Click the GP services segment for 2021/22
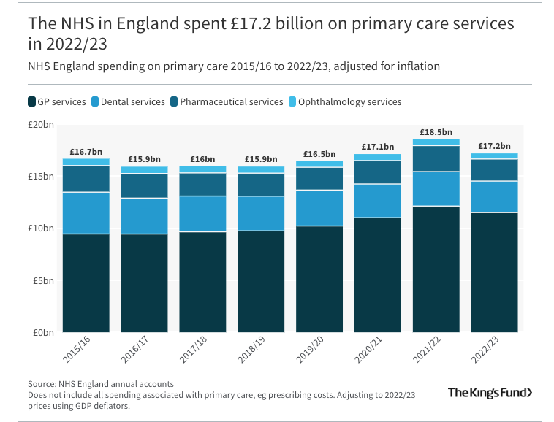pyautogui.click(x=436, y=269)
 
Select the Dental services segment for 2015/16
pyautogui.click(x=86, y=212)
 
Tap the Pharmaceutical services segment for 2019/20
pyautogui.click(x=319, y=178)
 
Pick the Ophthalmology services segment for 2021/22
pyautogui.click(x=436, y=142)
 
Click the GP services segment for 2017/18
pyautogui.click(x=202, y=282)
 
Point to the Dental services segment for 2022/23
pyautogui.click(x=495, y=196)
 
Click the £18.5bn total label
pyautogui.click(x=436, y=131)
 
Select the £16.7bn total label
pyautogui.click(x=86, y=151)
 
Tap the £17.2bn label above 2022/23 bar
pyautogui.click(x=495, y=146)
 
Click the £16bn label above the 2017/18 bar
pyautogui.click(x=202, y=159)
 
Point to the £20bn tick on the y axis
pyautogui.click(x=41, y=125)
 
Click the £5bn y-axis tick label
pyautogui.click(x=43, y=280)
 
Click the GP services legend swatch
pyautogui.click(x=32, y=101)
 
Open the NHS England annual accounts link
pyautogui.click(x=115, y=384)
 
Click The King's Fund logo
pyautogui.click(x=490, y=393)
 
